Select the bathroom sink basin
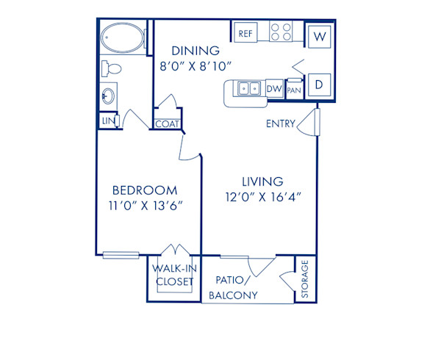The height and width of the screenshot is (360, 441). click(x=108, y=96)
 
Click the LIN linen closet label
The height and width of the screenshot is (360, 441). click(x=107, y=120)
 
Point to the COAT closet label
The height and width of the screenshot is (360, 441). click(x=167, y=124)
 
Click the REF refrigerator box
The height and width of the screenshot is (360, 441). click(x=245, y=32)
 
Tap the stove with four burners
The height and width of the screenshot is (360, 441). click(x=281, y=32)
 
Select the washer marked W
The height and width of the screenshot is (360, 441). click(x=320, y=36)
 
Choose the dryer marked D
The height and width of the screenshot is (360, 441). click(x=320, y=83)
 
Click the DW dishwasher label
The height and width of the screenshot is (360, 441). click(x=274, y=90)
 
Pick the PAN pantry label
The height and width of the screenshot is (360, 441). click(x=294, y=90)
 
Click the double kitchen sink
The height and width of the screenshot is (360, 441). click(x=248, y=89)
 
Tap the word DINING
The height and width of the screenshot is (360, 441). click(x=196, y=51)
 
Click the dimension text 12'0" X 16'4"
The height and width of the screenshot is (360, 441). click(x=263, y=196)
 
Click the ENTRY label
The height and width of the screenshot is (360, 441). click(x=279, y=124)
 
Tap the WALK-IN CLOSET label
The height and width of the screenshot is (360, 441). click(x=173, y=275)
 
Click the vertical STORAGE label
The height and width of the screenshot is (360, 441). click(x=305, y=280)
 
